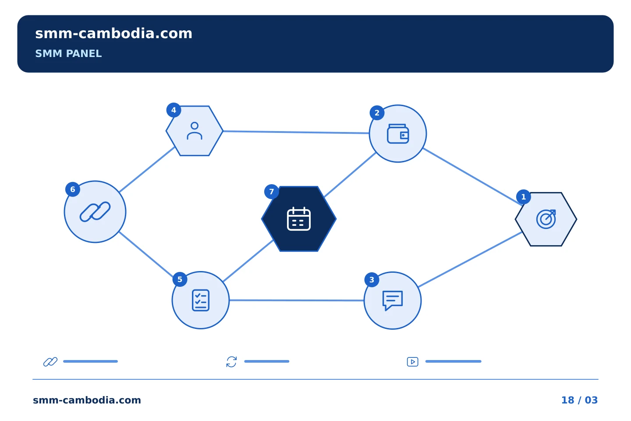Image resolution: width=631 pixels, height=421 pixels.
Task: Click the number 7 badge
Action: point(272,192)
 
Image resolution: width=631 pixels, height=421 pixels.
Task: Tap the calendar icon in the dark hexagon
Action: point(298,219)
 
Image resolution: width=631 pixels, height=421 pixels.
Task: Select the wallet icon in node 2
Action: point(398,134)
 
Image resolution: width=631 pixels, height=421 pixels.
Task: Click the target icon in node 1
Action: point(546,219)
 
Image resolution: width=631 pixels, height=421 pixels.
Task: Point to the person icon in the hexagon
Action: point(195,131)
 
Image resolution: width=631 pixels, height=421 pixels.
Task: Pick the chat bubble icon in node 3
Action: point(393,300)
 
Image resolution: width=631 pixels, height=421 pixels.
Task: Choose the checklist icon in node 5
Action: point(201,300)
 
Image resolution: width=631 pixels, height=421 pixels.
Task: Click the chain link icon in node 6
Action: point(95,212)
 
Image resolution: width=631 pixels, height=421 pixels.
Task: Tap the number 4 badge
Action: point(174,110)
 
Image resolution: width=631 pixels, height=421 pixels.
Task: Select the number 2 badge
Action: point(377,113)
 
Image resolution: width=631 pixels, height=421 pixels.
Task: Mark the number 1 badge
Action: point(523,197)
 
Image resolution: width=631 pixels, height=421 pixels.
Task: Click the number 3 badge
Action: point(372,280)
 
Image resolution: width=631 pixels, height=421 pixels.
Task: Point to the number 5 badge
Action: point(180,279)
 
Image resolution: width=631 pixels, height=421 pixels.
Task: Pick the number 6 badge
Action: point(73,189)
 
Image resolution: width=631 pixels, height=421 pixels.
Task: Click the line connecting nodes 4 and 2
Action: point(296,132)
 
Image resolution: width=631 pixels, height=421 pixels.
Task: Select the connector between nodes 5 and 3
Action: point(297,300)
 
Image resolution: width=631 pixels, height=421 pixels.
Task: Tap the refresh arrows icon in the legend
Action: point(231,362)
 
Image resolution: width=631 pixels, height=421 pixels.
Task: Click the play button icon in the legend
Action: point(412,362)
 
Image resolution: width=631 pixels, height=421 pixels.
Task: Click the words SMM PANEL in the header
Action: point(68,54)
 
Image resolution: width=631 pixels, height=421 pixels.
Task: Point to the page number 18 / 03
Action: point(579,400)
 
